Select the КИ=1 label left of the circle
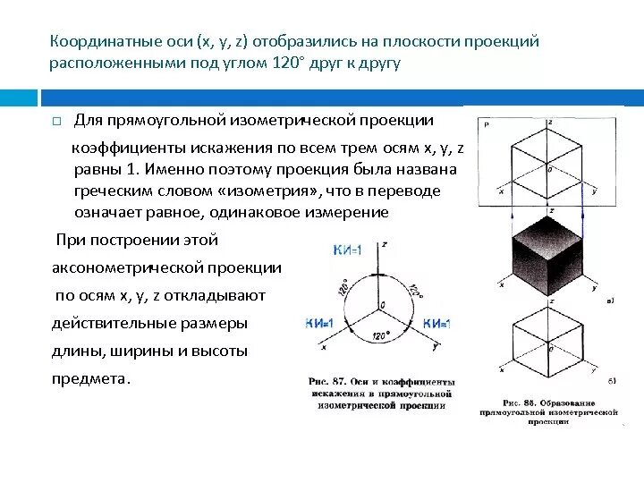click(x=319, y=323)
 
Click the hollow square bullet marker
click(x=55, y=121)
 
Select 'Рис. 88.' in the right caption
click(x=521, y=402)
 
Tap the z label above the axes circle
click(x=383, y=243)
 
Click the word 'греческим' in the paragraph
click(x=112, y=191)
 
